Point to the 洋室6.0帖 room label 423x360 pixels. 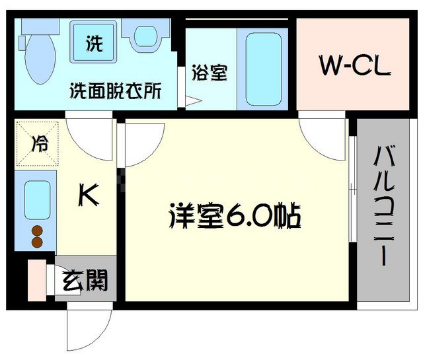pyautogui.click(x=236, y=217)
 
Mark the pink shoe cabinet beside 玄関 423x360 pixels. pyautogui.click(x=37, y=279)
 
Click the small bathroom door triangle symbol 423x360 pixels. pyautogui.click(x=192, y=101)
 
